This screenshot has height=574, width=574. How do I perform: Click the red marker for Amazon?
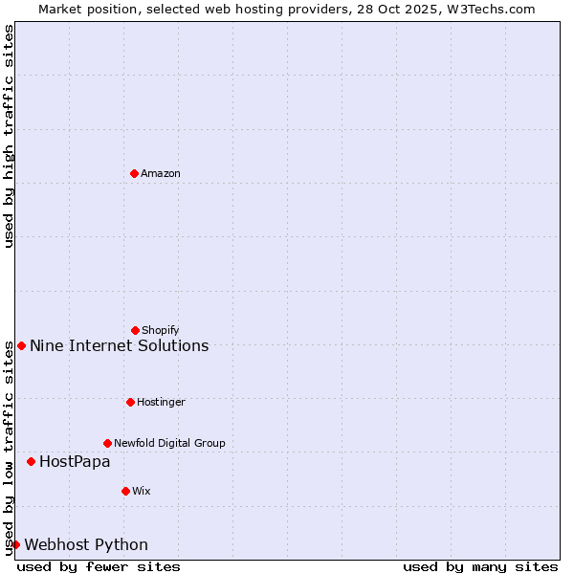click(134, 173)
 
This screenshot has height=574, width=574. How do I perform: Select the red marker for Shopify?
click(135, 330)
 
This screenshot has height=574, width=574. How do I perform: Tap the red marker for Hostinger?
click(130, 402)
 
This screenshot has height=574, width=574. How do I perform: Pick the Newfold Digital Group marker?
click(107, 443)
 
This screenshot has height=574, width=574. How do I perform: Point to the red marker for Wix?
click(125, 491)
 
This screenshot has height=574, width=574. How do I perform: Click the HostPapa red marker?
click(31, 461)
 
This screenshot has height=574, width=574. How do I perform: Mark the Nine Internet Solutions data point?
click(21, 345)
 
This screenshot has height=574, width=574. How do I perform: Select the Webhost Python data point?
click(15, 544)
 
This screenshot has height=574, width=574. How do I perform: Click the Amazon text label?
click(161, 173)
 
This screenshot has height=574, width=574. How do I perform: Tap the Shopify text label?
click(161, 330)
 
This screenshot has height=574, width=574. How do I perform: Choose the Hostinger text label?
click(161, 402)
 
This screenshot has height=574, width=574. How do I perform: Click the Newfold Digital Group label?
click(169, 443)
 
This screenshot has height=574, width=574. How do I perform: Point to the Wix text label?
click(142, 491)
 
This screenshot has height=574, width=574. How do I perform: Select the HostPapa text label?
click(75, 461)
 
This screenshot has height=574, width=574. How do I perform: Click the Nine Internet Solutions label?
click(120, 345)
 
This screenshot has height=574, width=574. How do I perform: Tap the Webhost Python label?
click(86, 544)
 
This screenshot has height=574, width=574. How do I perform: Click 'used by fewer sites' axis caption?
click(99, 566)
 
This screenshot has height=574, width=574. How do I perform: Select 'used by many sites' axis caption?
click(480, 566)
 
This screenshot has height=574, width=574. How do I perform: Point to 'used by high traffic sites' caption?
click(9, 136)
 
